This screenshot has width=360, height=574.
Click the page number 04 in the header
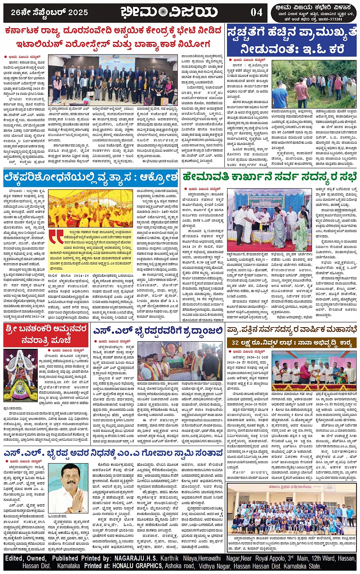[x=256, y=12]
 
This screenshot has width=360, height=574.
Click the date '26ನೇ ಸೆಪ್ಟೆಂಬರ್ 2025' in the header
[x=50, y=12]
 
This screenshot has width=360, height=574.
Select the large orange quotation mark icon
[x=56, y=237]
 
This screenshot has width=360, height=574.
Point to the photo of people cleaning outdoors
[x=314, y=84]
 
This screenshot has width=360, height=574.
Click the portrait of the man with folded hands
[x=68, y=488]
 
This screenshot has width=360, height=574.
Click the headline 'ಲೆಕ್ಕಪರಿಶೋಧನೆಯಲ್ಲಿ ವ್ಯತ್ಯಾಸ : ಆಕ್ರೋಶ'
[x=91, y=177]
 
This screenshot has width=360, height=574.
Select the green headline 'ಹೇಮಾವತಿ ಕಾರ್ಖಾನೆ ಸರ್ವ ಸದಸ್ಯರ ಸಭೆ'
[x=269, y=177]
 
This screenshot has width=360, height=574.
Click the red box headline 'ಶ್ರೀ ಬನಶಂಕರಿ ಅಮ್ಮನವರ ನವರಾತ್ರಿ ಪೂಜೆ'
[x=46, y=334]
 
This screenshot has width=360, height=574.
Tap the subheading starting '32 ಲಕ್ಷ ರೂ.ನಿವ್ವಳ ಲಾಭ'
[x=291, y=343]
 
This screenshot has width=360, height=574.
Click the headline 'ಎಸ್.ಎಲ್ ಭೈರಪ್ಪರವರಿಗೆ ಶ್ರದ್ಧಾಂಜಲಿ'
[x=158, y=331]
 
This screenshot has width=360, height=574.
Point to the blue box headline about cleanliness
[x=292, y=40]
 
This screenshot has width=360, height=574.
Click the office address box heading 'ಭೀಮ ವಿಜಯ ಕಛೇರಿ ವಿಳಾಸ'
[x=315, y=7]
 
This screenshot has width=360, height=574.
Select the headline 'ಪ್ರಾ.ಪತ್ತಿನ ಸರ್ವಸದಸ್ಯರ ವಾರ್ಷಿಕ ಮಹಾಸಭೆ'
[x=292, y=329]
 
